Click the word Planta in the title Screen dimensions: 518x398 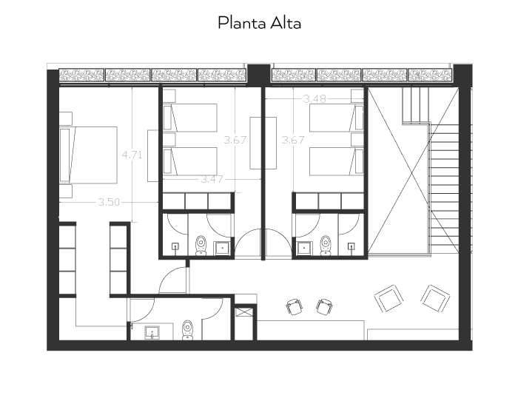pyautogui.click(x=242, y=23)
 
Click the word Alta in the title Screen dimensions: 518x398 pyautogui.click(x=286, y=23)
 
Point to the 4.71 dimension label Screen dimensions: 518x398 pyautogui.click(x=132, y=155)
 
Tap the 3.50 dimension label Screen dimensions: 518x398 pyautogui.click(x=109, y=202)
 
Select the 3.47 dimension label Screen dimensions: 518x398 pyautogui.click(x=212, y=179)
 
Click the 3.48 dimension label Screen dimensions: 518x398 pyautogui.click(x=314, y=98)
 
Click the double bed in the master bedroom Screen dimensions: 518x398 pyautogui.click(x=88, y=155)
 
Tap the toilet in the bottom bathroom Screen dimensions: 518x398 pyautogui.click(x=187, y=330)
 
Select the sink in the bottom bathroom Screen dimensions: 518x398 pyautogui.click(x=152, y=332)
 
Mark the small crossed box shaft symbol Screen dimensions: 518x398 pyautogui.click(x=245, y=312)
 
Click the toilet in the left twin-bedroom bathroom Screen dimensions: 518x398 pyautogui.click(x=201, y=246)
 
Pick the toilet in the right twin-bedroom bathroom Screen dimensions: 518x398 pyautogui.click(x=326, y=246)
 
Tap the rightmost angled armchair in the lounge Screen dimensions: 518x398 pyautogui.click(x=435, y=298)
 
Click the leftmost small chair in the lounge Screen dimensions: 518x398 pyautogui.click(x=294, y=307)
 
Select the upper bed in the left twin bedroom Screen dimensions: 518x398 pyautogui.click(x=190, y=118)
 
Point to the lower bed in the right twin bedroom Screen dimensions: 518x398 pyautogui.click(x=336, y=161)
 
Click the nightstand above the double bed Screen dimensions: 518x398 pyautogui.click(x=66, y=118)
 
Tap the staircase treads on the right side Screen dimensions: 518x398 pyautogui.click(x=445, y=189)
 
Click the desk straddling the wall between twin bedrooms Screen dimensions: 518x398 pyautogui.click(x=263, y=143)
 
